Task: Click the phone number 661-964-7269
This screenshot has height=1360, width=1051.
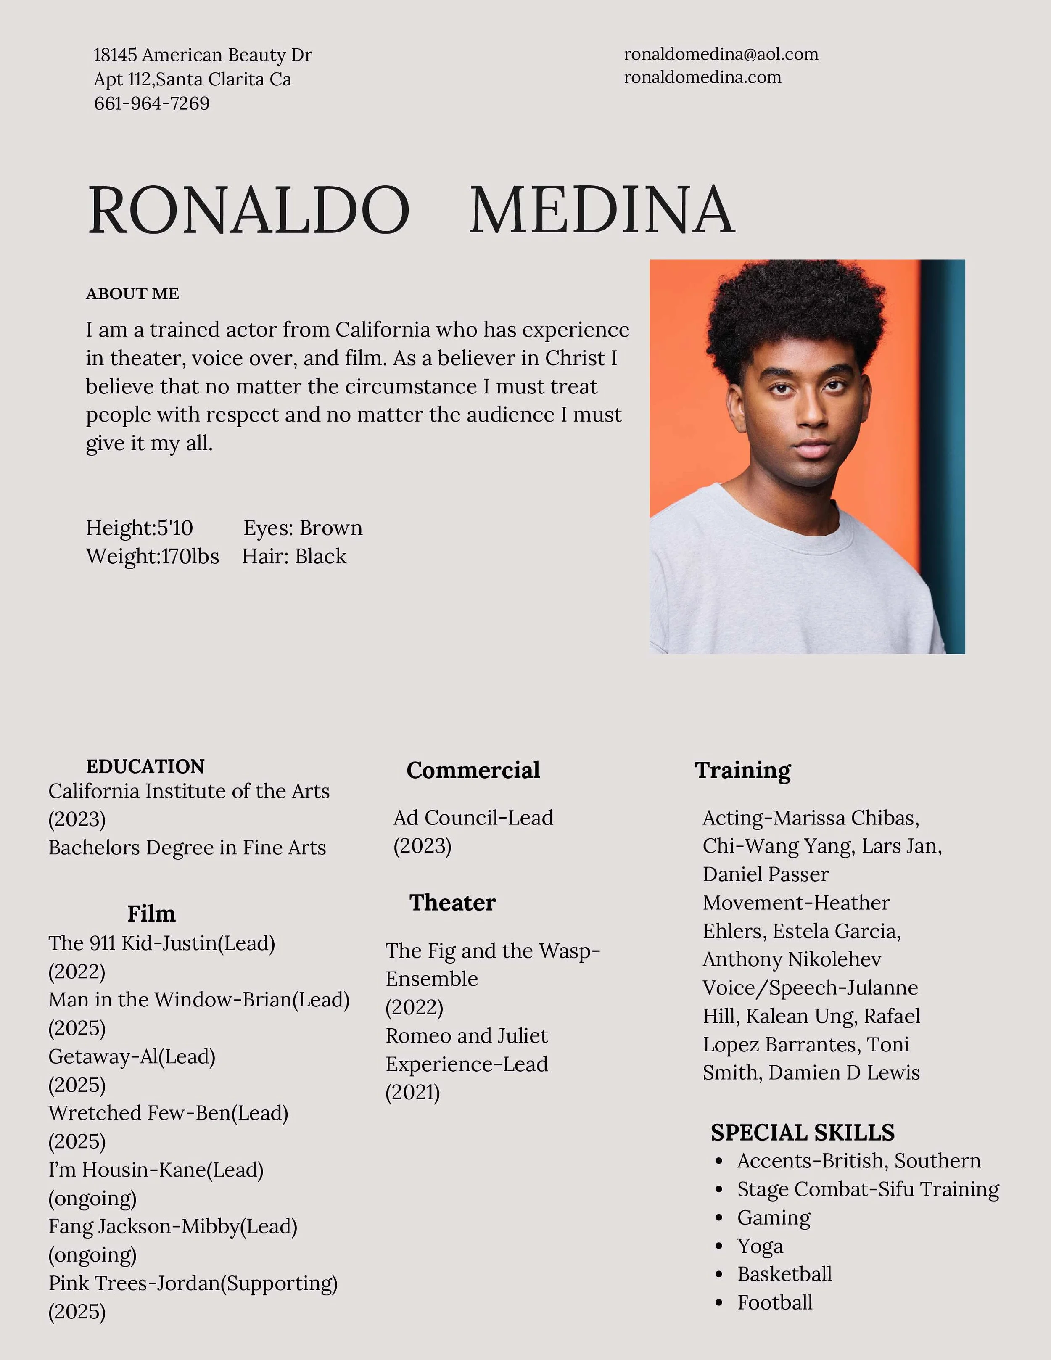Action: click(151, 103)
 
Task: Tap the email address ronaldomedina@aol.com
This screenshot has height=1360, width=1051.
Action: click(721, 54)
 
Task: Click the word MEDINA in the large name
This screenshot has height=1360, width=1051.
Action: click(602, 211)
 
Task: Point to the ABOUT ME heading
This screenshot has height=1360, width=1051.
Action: click(132, 294)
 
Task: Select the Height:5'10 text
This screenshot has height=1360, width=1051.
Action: click(140, 528)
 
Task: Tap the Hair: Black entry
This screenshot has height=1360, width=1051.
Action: click(294, 556)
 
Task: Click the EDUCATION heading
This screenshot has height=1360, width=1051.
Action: click(145, 766)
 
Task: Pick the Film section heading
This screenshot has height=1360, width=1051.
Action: click(151, 914)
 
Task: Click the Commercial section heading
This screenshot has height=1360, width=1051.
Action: click(473, 770)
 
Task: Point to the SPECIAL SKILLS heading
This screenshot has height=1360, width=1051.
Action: click(802, 1132)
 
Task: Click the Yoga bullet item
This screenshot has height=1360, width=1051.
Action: click(760, 1246)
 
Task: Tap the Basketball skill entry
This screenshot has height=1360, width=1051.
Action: click(784, 1274)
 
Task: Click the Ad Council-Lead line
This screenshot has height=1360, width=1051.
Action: click(473, 818)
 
